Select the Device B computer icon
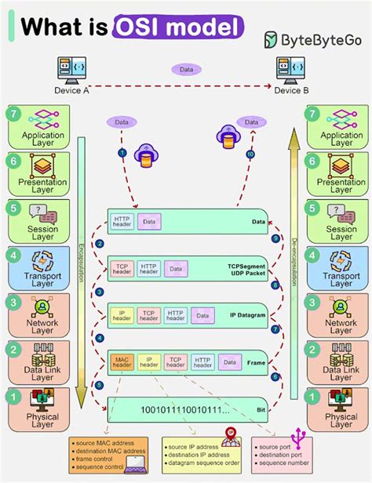(291, 70)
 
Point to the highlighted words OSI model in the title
(178, 27)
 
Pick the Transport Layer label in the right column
(341, 279)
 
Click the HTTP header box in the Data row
(122, 223)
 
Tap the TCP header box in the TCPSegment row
(122, 269)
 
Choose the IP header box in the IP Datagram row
(122, 315)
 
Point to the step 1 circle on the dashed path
(122, 151)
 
